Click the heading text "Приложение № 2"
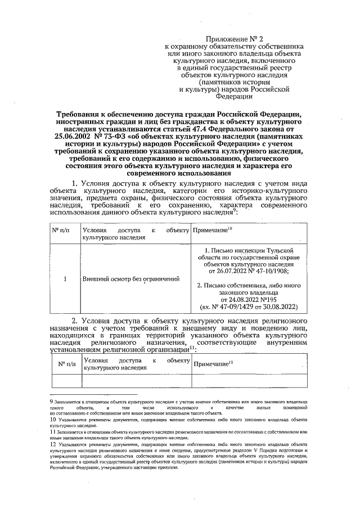coord(233,37)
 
